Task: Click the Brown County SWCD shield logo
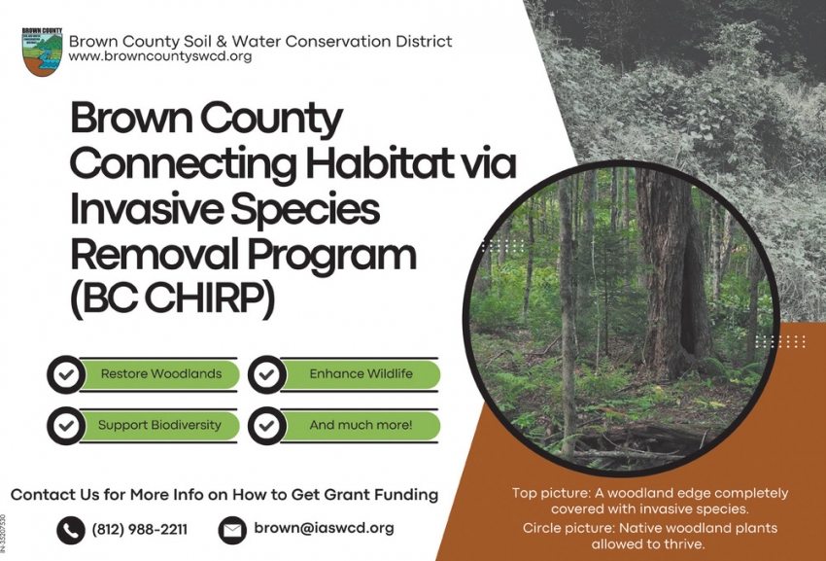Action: [42, 52]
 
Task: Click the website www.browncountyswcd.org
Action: [160, 57]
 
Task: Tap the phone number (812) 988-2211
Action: [139, 530]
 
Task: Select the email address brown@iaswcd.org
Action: [324, 529]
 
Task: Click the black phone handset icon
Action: [71, 530]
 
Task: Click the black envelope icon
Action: [232, 530]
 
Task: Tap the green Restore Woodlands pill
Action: [161, 373]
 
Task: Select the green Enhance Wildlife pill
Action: [361, 373]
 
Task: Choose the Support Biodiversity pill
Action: [160, 425]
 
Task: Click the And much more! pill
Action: [361, 425]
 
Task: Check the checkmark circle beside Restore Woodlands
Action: [66, 374]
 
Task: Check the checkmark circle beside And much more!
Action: [266, 426]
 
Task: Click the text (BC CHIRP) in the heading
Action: [172, 298]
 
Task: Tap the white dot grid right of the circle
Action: [780, 341]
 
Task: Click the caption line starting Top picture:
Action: [650, 501]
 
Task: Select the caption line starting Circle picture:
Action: [650, 536]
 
